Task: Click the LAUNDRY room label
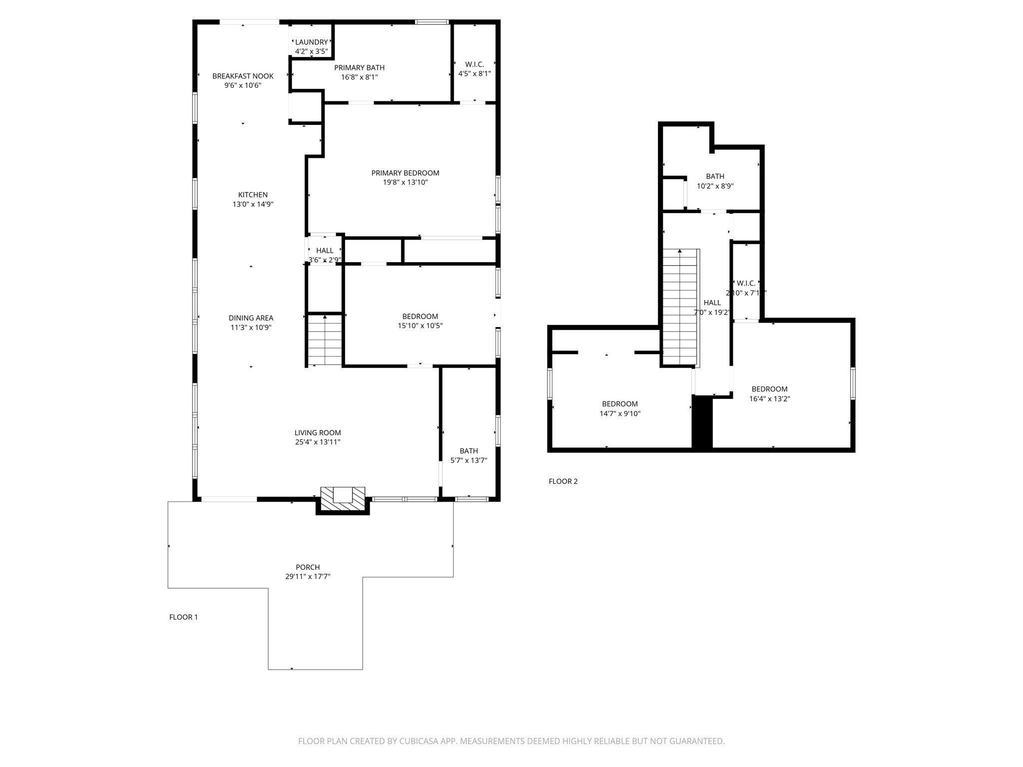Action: tap(311, 42)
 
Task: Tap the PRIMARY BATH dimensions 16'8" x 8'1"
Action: tap(359, 77)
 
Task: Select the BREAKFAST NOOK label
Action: tap(243, 76)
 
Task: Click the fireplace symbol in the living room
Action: tap(343, 499)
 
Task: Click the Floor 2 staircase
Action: tap(679, 307)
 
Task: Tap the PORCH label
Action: tap(308, 567)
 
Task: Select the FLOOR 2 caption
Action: tap(563, 481)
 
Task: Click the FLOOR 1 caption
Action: tap(183, 617)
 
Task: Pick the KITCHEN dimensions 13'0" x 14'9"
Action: tap(253, 204)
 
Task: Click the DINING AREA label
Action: tap(251, 318)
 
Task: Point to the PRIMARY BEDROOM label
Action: tap(405, 173)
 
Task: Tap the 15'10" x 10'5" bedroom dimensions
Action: tap(420, 326)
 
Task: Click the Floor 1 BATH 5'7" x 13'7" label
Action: tap(469, 451)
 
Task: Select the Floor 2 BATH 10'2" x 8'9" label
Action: tap(715, 176)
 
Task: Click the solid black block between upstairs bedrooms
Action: tap(702, 422)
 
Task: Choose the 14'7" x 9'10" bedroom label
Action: tap(619, 404)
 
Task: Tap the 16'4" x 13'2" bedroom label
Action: tap(769, 389)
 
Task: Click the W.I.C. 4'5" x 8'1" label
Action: tap(475, 64)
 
